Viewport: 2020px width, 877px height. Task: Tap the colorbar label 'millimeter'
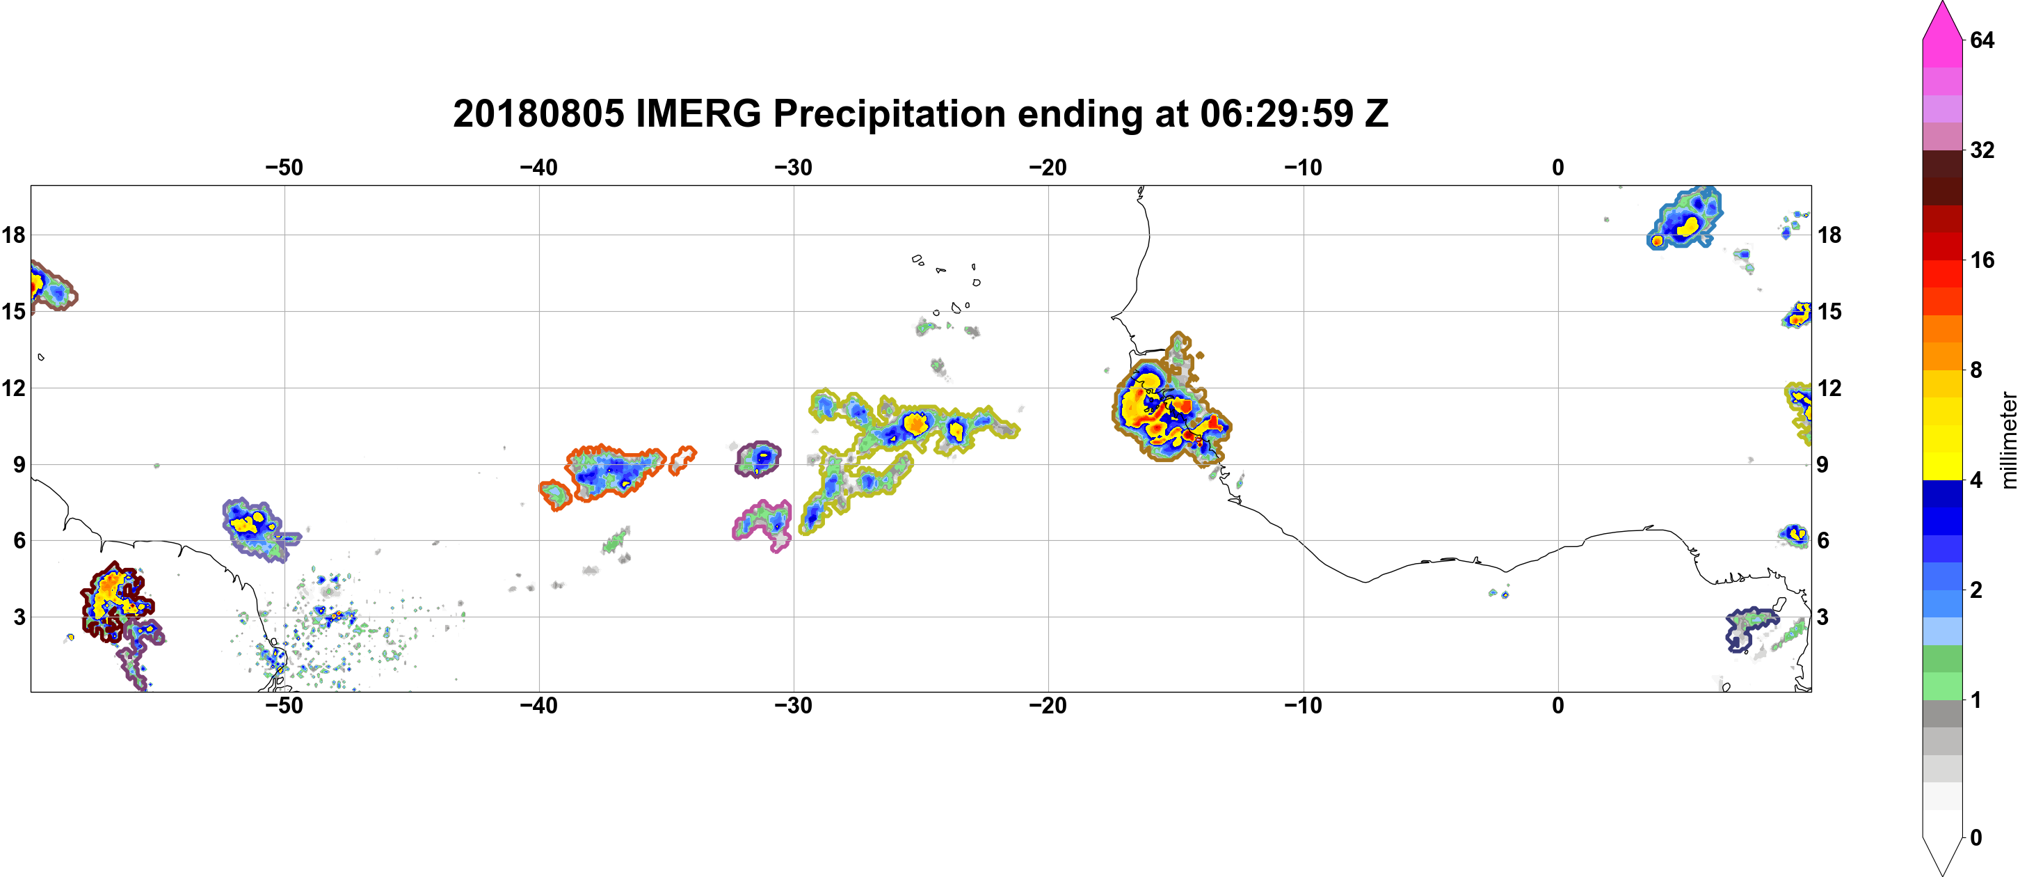[2008, 440]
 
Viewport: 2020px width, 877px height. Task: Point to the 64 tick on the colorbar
[1982, 40]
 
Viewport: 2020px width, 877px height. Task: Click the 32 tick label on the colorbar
[1982, 150]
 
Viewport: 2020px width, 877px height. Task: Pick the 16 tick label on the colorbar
[1982, 260]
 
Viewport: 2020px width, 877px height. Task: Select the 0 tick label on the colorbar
[1976, 838]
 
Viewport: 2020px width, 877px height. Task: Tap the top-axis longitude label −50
[284, 167]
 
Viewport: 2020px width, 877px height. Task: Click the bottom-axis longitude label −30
[794, 705]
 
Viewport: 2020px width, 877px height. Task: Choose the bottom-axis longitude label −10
[1304, 705]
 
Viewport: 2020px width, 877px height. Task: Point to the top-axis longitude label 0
[1558, 167]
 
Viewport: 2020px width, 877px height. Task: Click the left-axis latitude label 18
[13, 235]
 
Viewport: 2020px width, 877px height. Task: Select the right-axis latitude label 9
[1823, 464]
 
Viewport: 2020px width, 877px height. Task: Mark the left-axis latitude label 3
[19, 617]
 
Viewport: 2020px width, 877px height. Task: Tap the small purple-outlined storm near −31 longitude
[758, 459]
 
